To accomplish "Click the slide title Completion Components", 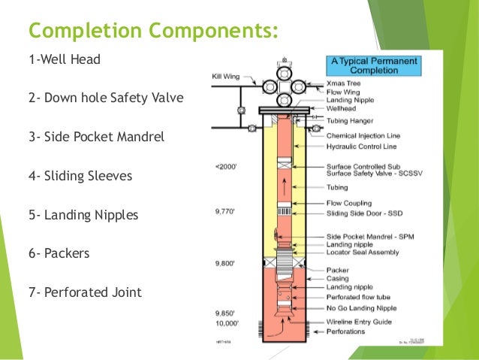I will tap(153, 32).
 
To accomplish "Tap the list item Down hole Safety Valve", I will tap(105, 98).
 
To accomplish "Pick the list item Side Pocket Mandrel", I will tap(96, 138).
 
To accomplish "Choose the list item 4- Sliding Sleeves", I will tap(79, 176).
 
